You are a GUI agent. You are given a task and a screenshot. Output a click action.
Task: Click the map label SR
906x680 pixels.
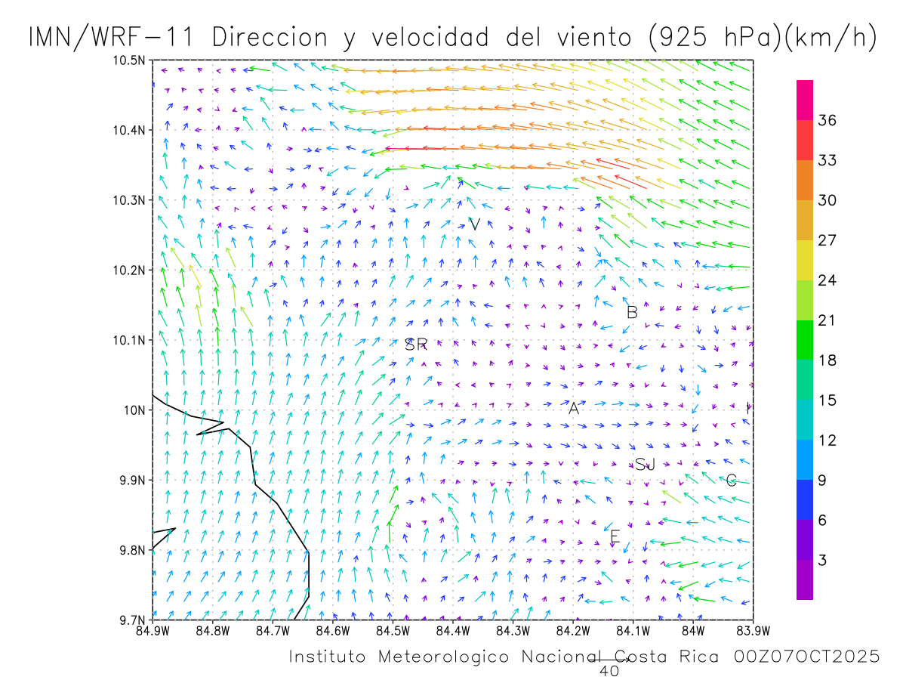pyautogui.click(x=416, y=345)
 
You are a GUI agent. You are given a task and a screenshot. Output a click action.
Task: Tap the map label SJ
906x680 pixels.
pyautogui.click(x=645, y=465)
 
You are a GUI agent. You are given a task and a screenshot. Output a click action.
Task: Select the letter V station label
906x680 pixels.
pyautogui.click(x=474, y=224)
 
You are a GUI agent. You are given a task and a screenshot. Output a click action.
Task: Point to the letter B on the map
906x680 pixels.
pyautogui.click(x=633, y=312)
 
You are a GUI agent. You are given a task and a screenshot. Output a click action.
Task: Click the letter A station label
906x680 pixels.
pyautogui.click(x=574, y=409)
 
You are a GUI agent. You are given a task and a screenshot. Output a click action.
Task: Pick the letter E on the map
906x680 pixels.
pyautogui.click(x=615, y=537)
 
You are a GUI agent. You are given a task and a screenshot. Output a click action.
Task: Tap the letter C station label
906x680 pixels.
pyautogui.click(x=731, y=481)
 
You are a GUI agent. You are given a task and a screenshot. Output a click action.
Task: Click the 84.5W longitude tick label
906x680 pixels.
pyautogui.click(x=393, y=631)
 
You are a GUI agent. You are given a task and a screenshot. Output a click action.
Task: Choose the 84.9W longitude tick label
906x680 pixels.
pyautogui.click(x=153, y=631)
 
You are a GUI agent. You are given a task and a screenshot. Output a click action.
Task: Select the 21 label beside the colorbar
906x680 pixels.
pyautogui.click(x=828, y=320)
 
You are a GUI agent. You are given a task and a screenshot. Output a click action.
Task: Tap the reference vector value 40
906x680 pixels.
pyautogui.click(x=609, y=670)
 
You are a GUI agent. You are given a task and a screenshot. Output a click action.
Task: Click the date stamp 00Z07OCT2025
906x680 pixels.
pyautogui.click(x=807, y=657)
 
